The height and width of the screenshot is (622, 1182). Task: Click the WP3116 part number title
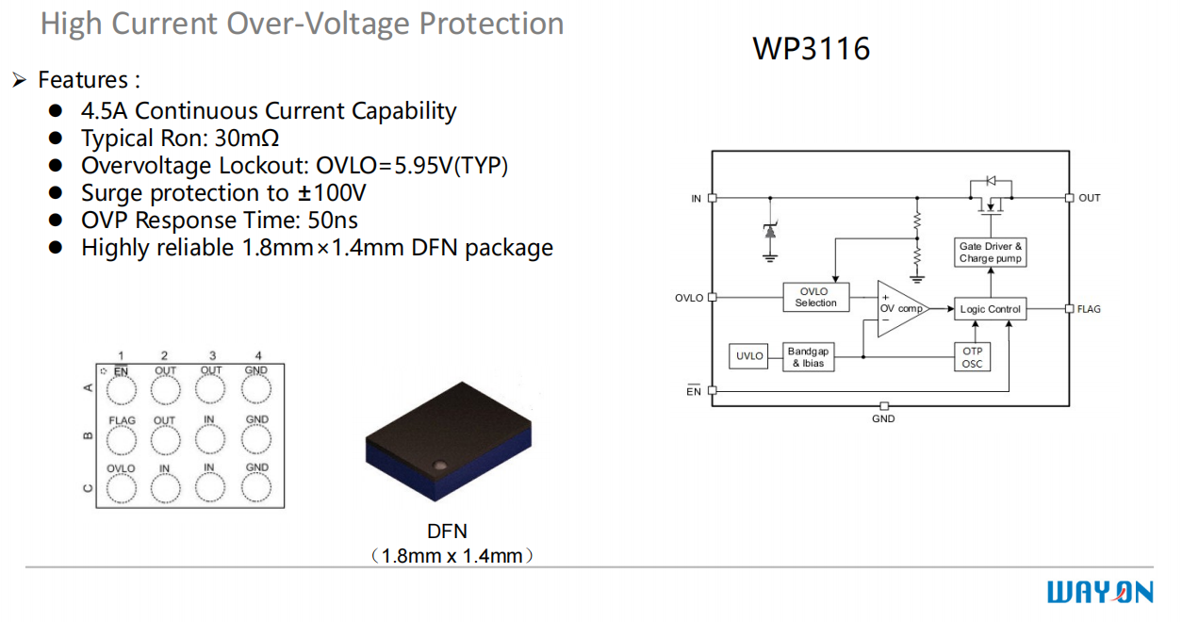coord(811,48)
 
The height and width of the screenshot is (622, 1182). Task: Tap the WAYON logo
coord(1100,592)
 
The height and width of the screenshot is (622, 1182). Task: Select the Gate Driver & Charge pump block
coord(990,253)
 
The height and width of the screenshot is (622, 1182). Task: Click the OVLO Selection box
coord(815,298)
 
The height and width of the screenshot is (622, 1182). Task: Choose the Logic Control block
coord(990,309)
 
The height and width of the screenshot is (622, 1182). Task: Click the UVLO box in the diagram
coord(749,356)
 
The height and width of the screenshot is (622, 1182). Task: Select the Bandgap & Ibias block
coord(807,357)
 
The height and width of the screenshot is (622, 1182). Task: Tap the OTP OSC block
coord(972,357)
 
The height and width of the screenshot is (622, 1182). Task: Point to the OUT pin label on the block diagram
coord(1089,198)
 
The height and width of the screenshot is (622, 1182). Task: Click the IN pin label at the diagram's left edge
coord(697,199)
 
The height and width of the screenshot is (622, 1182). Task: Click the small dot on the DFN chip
coord(438,465)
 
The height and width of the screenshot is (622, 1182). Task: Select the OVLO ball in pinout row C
coord(121,486)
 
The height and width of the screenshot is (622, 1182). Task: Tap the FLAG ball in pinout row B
coord(121,438)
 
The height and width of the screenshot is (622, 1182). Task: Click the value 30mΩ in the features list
coord(247,139)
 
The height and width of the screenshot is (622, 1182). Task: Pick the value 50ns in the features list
coord(333,221)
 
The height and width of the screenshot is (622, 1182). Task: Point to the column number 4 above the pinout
coord(258,356)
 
